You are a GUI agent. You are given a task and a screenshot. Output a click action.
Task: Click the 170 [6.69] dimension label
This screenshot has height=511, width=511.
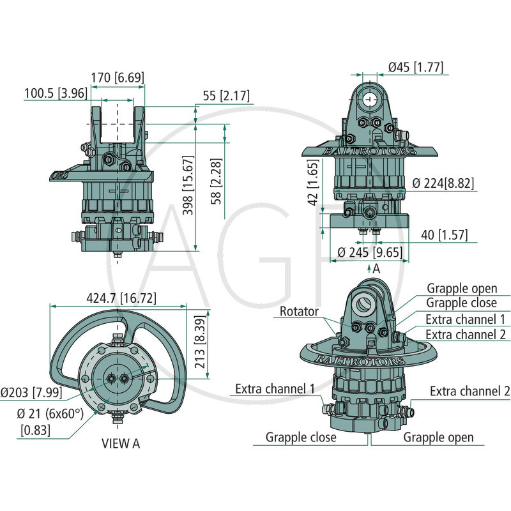tap(118, 77)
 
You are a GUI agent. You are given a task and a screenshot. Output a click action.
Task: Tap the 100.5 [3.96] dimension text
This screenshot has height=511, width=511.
tap(56, 93)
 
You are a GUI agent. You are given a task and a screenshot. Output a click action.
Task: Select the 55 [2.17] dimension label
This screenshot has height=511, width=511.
tap(226, 96)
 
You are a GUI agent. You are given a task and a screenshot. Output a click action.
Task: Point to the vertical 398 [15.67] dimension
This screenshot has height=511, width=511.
tap(188, 185)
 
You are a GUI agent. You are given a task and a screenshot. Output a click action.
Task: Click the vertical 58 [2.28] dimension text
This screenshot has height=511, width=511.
tap(216, 181)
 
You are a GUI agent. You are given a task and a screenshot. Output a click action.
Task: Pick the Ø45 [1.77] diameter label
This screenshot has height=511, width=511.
tap(416, 67)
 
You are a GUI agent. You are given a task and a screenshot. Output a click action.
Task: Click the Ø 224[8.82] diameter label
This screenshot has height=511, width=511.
tap(443, 183)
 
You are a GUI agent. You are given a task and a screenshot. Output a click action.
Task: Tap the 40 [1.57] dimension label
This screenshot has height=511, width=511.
tap(444, 234)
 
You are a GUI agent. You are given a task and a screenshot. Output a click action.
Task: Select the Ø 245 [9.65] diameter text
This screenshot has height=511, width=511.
tap(370, 252)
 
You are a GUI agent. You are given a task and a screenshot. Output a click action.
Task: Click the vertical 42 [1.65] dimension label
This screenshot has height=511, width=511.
tap(312, 183)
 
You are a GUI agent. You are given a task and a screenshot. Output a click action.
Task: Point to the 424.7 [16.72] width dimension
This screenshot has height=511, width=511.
tap(121, 298)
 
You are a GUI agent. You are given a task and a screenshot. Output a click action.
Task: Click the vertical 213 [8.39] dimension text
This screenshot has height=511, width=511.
tap(200, 342)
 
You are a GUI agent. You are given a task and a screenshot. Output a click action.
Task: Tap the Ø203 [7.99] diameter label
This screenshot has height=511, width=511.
tap(31, 392)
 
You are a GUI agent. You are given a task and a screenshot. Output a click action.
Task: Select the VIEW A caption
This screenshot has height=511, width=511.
tap(121, 443)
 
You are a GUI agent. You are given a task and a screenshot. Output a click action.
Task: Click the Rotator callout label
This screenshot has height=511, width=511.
tap(299, 311)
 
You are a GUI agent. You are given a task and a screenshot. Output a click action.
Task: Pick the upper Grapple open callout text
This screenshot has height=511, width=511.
tap(462, 289)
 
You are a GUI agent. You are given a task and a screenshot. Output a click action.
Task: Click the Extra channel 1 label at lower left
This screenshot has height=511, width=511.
tap(275, 389)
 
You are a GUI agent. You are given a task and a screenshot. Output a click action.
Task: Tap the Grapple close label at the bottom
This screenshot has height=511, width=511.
tap(301, 438)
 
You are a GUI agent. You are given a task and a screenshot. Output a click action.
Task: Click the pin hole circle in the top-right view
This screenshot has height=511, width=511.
tap(370, 99)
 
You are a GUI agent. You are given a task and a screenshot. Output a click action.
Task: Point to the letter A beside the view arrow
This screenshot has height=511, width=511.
tap(376, 269)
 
